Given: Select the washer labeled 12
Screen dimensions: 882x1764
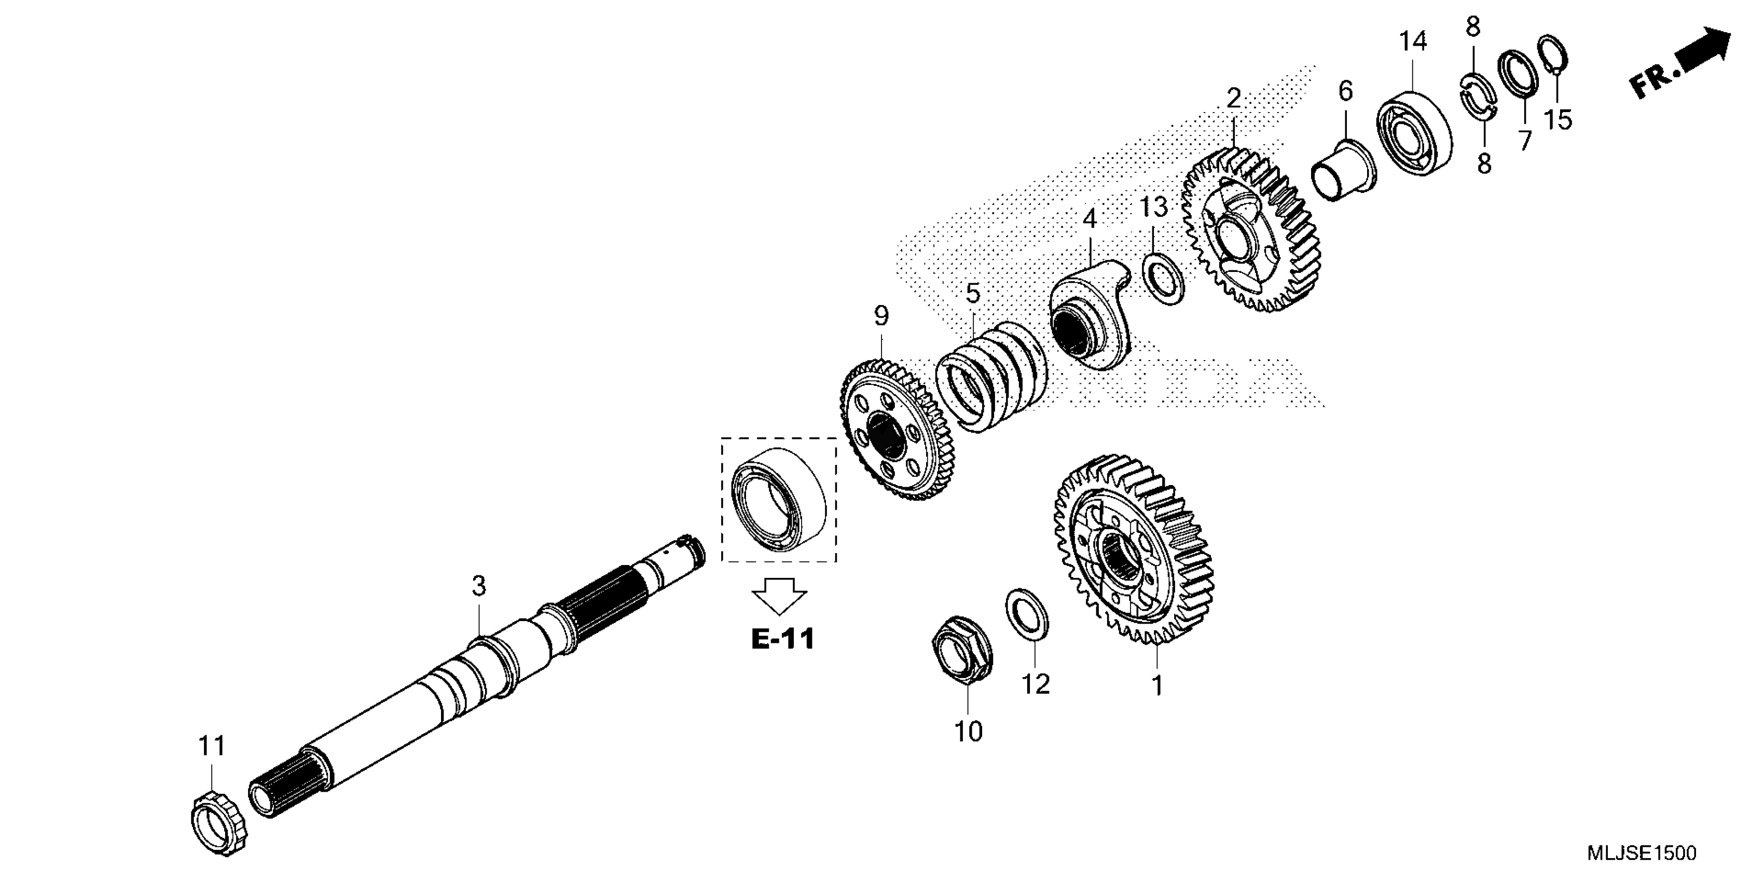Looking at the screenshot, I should (x=1026, y=613).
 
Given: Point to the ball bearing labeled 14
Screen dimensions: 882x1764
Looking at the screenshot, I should (x=1413, y=133).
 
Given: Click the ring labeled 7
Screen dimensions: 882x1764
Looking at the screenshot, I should (x=1518, y=74).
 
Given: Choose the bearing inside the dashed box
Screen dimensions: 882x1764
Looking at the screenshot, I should (x=779, y=499).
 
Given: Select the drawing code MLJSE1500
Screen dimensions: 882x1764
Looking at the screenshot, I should (x=1642, y=853).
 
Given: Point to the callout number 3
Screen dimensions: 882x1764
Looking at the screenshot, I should (x=479, y=586).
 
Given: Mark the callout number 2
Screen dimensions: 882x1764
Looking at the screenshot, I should (x=1233, y=99).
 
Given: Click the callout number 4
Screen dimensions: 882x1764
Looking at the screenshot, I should (x=1090, y=219).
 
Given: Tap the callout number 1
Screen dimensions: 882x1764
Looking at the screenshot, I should (x=1157, y=685).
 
